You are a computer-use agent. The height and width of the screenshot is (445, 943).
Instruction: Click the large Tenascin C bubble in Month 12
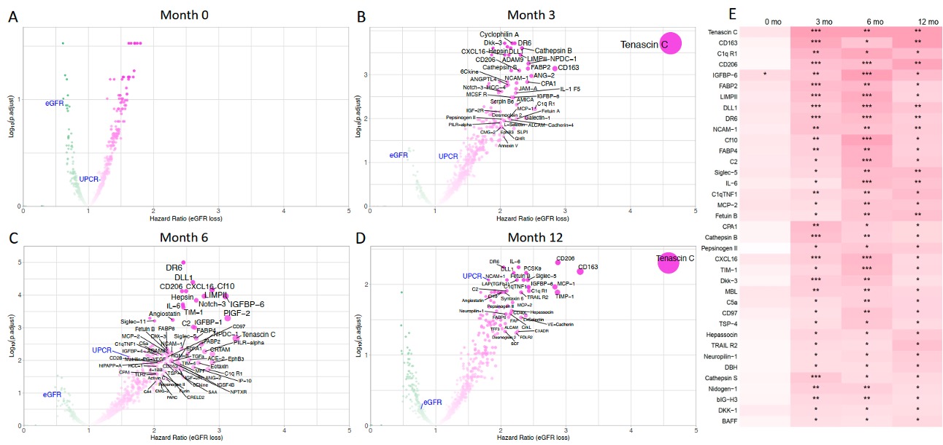(668, 260)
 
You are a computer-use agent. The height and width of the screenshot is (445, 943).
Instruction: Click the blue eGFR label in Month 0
(55, 104)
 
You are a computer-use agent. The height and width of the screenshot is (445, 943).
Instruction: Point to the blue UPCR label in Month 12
(471, 276)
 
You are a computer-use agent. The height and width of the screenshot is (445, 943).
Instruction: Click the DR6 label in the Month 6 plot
(174, 268)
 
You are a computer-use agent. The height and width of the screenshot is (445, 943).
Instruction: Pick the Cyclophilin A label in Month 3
(499, 34)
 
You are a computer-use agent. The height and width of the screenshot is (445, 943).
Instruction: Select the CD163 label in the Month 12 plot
(588, 267)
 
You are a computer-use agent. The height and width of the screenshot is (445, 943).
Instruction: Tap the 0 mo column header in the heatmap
(771, 21)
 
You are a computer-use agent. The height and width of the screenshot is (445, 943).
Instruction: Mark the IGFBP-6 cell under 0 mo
(764, 74)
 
